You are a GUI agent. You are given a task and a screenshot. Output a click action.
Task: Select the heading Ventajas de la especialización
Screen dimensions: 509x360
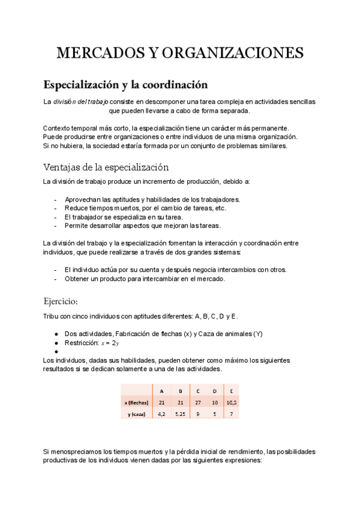106,167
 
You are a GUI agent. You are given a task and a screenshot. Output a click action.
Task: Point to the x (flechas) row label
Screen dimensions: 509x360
136,402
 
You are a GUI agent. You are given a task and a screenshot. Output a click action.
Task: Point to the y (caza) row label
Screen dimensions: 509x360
136,414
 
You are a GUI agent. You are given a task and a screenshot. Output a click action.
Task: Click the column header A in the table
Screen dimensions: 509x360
161,391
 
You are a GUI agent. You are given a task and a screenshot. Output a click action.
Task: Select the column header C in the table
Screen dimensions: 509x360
197,391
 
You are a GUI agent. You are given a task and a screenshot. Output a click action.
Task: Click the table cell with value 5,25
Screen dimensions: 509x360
179,414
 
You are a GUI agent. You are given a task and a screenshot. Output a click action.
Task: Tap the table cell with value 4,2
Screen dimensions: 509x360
161,414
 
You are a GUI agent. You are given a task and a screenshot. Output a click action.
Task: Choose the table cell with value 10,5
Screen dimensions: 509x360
231,402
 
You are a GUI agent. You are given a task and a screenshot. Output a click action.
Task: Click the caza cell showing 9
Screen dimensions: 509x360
197,414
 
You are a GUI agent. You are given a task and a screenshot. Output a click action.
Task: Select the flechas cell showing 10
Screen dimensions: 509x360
214,402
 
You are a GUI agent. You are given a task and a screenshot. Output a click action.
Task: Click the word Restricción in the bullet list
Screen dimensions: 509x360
81,343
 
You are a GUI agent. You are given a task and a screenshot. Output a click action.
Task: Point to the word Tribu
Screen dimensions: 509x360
52,316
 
